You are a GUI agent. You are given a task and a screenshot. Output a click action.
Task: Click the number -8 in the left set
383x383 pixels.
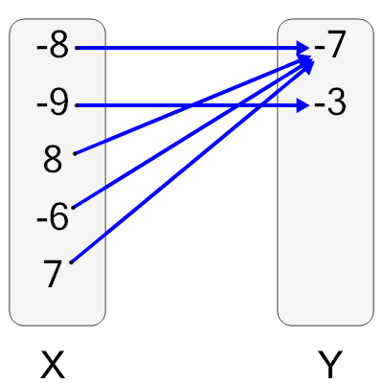tap(52, 46)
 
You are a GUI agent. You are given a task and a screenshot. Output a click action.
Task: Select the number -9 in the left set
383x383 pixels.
tap(52, 103)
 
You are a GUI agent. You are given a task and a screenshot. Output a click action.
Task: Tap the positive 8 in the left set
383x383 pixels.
tap(53, 160)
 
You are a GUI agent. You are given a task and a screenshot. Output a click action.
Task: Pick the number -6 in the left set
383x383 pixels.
tap(52, 217)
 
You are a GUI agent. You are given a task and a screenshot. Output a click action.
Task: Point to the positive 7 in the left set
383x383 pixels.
tap(53, 275)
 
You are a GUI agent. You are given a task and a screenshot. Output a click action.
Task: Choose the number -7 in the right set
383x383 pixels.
tap(328, 46)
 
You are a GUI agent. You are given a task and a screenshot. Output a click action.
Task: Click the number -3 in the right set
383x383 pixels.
tap(328, 103)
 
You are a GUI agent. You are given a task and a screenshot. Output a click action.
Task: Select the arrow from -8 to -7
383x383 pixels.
tap(191, 47)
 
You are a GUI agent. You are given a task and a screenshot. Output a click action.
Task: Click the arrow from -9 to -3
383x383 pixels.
tap(191, 104)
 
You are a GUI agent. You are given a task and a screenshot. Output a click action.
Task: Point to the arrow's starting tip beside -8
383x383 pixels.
tap(76, 47)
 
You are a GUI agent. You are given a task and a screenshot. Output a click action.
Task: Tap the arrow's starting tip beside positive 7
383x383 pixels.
tap(72, 261)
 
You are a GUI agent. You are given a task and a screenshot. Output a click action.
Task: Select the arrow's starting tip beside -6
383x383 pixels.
tap(72, 207)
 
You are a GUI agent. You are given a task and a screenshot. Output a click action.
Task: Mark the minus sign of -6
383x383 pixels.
tap(40, 219)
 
